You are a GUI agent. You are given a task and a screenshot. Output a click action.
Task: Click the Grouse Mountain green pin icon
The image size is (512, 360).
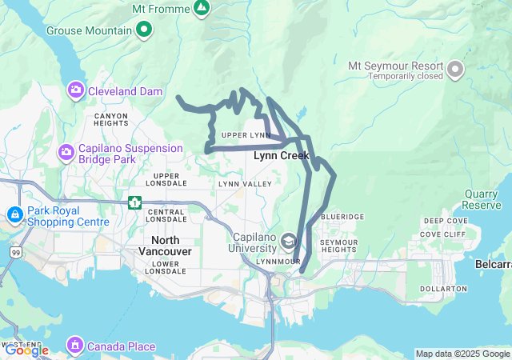point(144,30)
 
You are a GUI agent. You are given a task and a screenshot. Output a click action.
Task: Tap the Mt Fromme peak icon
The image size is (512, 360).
point(202,9)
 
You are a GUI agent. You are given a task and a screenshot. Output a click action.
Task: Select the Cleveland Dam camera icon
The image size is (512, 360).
point(77,91)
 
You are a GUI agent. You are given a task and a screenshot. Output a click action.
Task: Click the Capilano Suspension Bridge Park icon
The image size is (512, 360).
point(66,150)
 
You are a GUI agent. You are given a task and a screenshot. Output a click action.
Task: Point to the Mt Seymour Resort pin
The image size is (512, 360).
point(456,70)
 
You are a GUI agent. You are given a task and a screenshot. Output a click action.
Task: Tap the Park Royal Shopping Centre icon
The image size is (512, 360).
point(15,215)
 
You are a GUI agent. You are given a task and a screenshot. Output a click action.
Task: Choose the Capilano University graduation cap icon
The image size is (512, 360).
point(286,239)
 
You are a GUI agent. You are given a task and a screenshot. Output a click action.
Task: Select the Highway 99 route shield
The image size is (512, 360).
point(16,252)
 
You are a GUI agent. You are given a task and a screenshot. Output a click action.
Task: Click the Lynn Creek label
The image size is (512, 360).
point(281,156)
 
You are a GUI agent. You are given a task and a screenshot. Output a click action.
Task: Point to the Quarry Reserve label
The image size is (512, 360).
point(482,199)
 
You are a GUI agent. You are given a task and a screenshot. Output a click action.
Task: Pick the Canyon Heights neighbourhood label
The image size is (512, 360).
point(110,119)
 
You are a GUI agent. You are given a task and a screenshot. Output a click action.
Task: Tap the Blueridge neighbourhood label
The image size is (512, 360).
point(342,217)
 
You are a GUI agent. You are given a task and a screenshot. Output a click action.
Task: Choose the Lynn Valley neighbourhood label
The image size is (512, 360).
point(239,184)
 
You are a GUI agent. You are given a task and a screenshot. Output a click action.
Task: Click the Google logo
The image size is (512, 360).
point(26,350)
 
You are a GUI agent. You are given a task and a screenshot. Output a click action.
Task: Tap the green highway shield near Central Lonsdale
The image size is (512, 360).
point(134,201)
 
